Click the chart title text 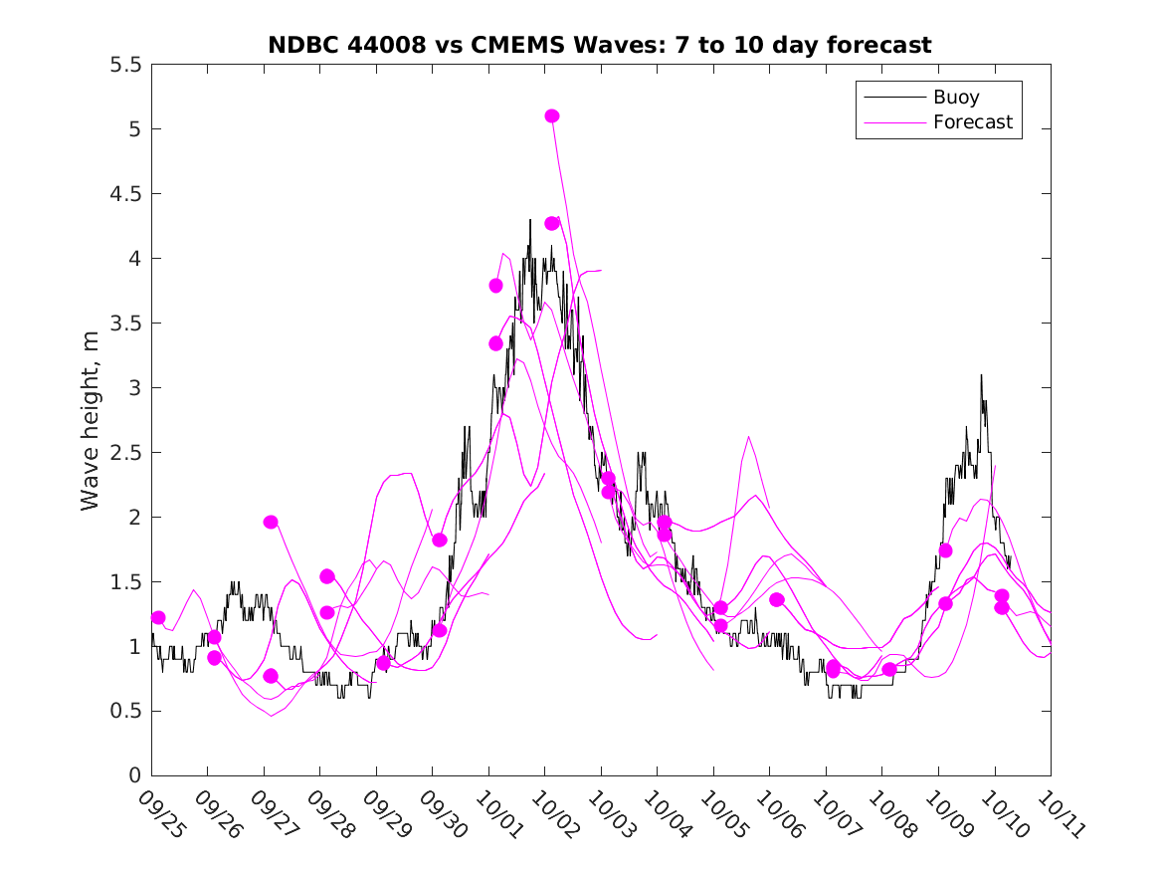tap(599, 45)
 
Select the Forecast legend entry tap(972, 122)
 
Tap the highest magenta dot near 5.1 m tap(552, 116)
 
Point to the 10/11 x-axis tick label tap(1061, 814)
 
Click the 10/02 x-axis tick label tap(555, 814)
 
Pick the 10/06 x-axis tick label tap(780, 814)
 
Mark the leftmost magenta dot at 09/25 tap(158, 618)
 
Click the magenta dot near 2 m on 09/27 tap(271, 522)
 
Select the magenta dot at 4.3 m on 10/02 tap(552, 223)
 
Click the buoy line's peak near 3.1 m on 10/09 tap(981, 375)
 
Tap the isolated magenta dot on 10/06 tap(777, 599)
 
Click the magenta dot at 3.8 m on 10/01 tap(495, 286)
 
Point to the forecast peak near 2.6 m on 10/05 tap(748, 437)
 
